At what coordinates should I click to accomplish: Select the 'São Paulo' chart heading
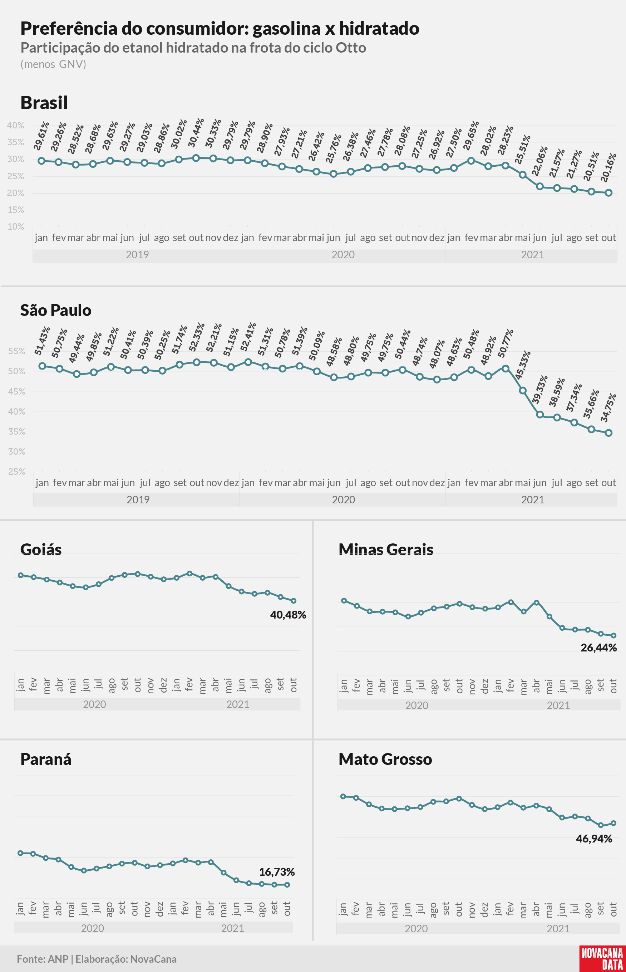(56, 310)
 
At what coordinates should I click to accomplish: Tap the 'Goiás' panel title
(41, 550)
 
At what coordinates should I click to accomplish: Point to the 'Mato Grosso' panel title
(385, 759)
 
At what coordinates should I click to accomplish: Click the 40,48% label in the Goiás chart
(288, 615)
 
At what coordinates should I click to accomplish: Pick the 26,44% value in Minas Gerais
(599, 648)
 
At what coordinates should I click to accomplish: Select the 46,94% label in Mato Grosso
(594, 839)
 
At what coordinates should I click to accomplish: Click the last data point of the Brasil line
(608, 193)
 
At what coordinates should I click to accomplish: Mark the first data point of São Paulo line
(42, 366)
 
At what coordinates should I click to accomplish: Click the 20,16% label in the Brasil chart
(608, 167)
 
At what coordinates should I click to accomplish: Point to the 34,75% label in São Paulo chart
(608, 407)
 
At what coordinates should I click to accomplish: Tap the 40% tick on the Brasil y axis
(15, 125)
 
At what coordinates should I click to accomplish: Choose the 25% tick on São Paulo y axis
(17, 472)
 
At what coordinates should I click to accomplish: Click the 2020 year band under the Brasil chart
(343, 255)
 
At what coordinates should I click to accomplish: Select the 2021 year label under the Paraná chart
(232, 928)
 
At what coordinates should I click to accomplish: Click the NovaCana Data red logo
(602, 958)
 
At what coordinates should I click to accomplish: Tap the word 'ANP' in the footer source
(58, 959)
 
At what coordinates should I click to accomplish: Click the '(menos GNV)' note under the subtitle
(53, 64)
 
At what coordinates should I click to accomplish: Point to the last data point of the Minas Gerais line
(614, 635)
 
